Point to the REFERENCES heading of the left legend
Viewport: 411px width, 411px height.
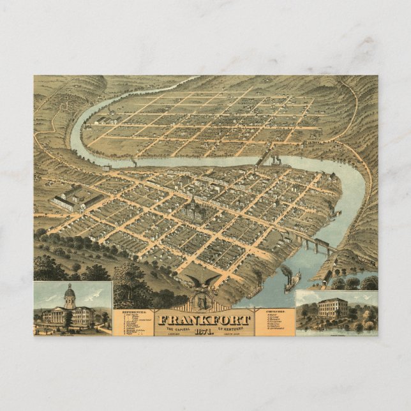click(128, 312)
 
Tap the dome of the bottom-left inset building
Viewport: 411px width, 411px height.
click(70, 295)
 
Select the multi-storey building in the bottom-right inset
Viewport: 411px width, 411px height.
click(333, 309)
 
